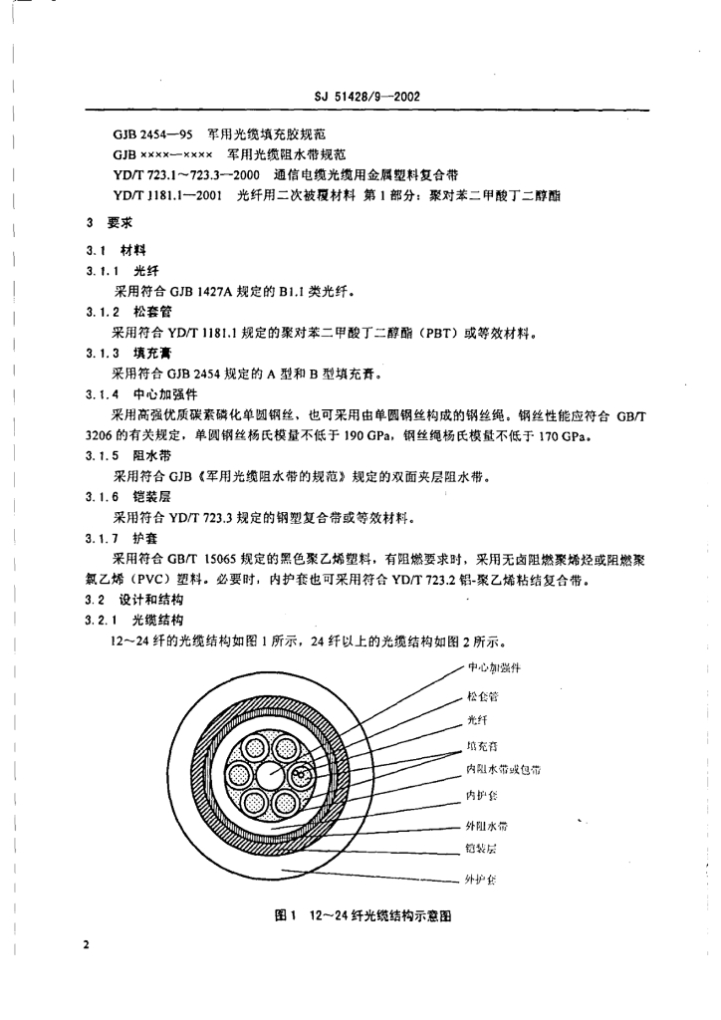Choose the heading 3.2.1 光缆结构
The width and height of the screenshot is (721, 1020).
click(x=134, y=619)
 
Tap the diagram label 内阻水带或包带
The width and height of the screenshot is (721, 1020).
click(x=504, y=770)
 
